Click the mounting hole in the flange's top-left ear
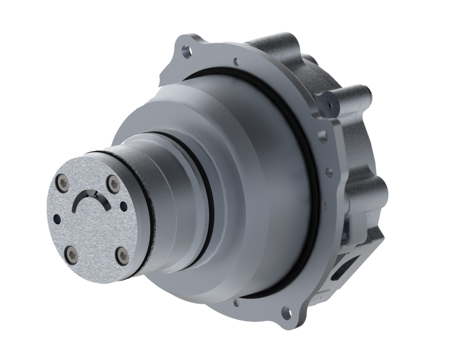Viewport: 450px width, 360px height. [x=185, y=49]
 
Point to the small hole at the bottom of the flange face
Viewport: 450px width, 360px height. [x=238, y=302]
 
